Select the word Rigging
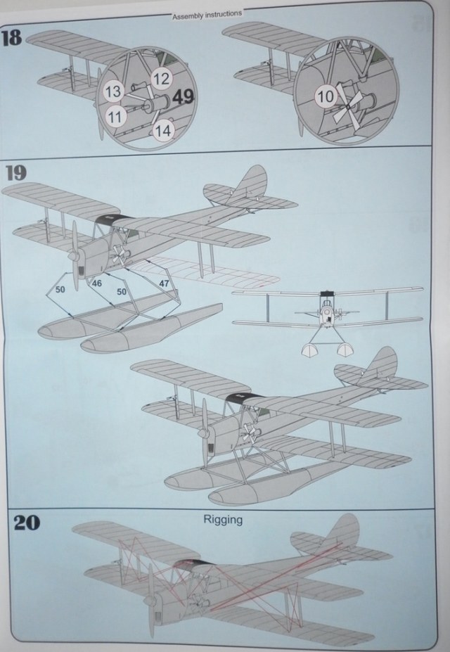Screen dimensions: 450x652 click(223, 520)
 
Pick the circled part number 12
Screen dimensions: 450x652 click(160, 79)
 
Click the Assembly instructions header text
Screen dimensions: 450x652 click(207, 13)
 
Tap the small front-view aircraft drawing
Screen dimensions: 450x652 click(327, 316)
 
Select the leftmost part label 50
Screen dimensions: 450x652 click(60, 288)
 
